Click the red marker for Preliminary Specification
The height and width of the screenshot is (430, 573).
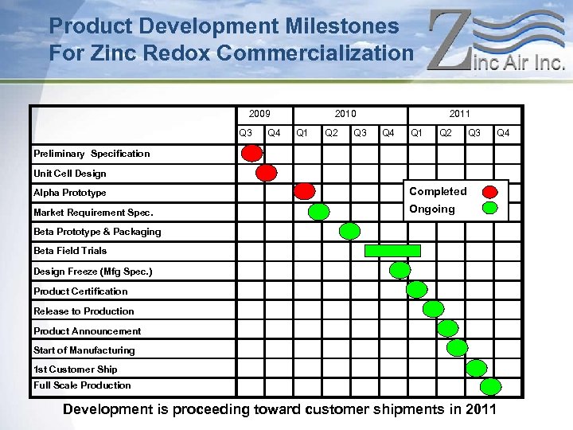pos(252,153)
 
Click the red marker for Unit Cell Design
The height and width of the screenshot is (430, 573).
pos(267,172)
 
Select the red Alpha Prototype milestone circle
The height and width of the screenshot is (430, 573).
pos(304,191)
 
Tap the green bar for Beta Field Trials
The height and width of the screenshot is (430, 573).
pos(392,250)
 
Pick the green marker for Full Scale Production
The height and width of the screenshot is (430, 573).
pos(491,386)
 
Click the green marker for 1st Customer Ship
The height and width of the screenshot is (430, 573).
pos(477,367)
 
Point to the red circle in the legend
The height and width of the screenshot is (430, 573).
pos(491,191)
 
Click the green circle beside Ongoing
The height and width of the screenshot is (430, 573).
pos(491,209)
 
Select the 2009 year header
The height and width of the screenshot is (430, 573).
pos(259,114)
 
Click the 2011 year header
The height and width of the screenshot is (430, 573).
pos(459,114)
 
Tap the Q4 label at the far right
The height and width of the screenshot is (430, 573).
pos(503,133)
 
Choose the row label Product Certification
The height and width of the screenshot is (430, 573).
pos(80,291)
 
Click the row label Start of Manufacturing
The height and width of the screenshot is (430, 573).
pos(84,350)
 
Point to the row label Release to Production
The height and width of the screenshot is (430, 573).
pos(84,311)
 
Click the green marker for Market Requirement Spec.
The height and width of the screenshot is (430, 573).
pos(318,211)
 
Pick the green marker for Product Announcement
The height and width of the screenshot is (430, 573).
pos(448,327)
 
